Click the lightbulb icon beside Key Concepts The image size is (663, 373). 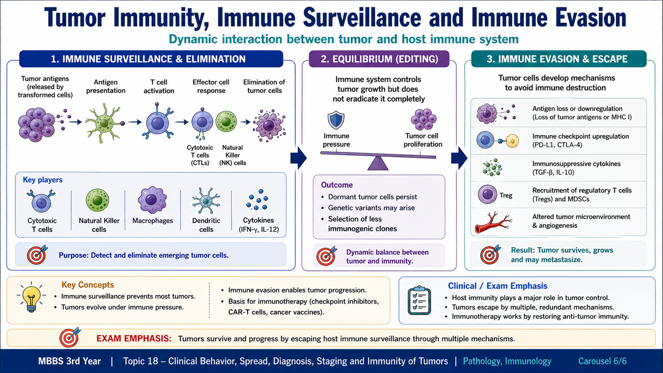coord(31,298)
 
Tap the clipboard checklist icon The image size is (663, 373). coord(419,300)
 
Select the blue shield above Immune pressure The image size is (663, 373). coord(336,120)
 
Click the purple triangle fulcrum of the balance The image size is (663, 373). coord(377,163)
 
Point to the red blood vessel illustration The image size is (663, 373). coord(493,222)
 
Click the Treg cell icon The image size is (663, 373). coord(487,194)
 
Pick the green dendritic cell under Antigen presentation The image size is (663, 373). coord(104,123)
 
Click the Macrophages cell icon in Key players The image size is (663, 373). coord(152,200)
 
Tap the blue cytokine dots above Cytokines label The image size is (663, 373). coord(257,200)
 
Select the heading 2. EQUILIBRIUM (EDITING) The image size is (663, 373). coord(380,59)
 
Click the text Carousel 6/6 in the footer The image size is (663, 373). coord(603,361)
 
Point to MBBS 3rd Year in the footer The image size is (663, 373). coord(70,361)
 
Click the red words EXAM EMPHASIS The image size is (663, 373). coord(134,338)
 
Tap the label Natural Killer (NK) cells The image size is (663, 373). coord(232,155)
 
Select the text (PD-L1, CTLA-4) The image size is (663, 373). coord(557,145)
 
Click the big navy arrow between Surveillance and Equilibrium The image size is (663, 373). coord(298,158)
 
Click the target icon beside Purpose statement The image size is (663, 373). coord(37,254)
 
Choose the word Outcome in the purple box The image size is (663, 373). coord(337,185)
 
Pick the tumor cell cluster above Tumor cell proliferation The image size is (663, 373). coord(423,119)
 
